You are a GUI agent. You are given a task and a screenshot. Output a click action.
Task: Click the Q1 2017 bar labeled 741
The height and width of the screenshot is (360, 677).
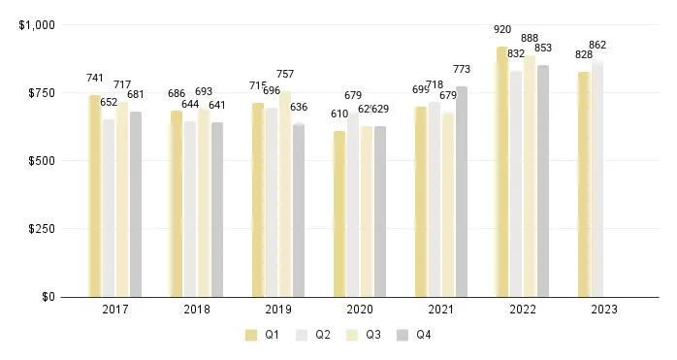95,196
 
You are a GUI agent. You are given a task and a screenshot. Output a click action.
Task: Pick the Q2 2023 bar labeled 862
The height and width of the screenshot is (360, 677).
597,180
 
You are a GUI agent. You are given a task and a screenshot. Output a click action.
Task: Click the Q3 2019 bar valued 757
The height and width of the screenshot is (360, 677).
285,194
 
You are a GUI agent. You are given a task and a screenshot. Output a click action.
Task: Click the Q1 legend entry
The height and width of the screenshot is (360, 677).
259,335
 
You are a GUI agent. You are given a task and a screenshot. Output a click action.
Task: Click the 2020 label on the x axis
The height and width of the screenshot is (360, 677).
360,310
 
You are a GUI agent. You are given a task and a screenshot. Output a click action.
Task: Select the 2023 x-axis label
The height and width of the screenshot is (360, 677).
604,310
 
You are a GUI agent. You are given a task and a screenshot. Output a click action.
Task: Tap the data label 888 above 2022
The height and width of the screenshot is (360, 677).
530,38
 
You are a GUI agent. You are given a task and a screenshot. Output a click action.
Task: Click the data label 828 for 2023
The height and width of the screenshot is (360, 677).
584,54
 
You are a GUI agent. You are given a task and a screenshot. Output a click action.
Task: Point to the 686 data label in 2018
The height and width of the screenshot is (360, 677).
177,94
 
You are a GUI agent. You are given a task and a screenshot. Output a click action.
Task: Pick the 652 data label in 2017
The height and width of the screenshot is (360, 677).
109,102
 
